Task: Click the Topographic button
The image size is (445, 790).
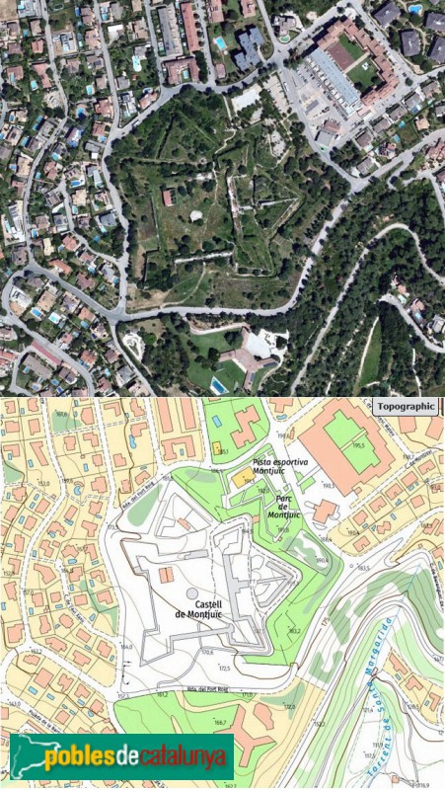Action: (x=406, y=405)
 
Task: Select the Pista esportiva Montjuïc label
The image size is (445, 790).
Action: (x=275, y=467)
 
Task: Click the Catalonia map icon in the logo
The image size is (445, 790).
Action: (x=26, y=757)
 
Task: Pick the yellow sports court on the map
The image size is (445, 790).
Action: (x=242, y=477)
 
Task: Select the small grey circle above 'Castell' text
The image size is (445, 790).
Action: (x=190, y=592)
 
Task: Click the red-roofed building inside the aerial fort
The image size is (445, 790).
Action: (x=168, y=198)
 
